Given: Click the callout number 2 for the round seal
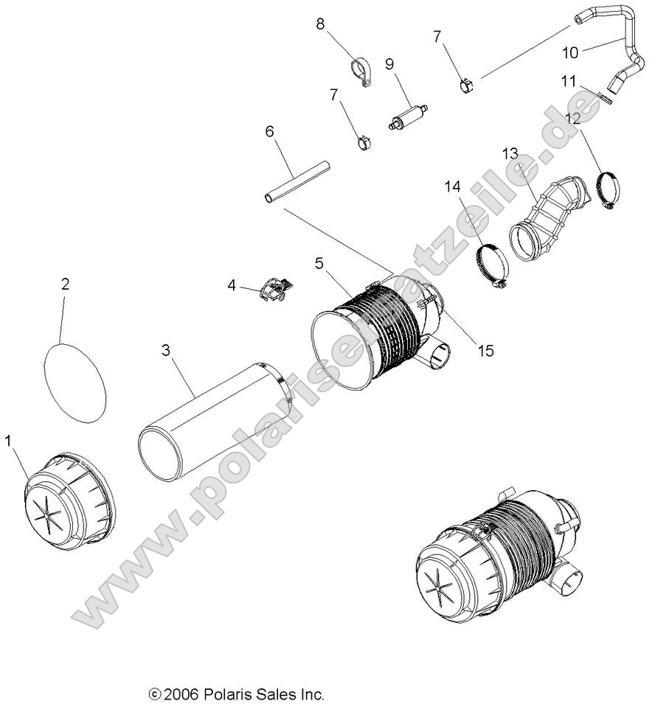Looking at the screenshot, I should [x=65, y=284].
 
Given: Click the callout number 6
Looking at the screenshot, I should [x=269, y=131].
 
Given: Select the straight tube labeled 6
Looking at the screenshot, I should [x=297, y=181].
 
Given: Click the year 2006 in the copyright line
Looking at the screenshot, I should [x=181, y=694].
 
